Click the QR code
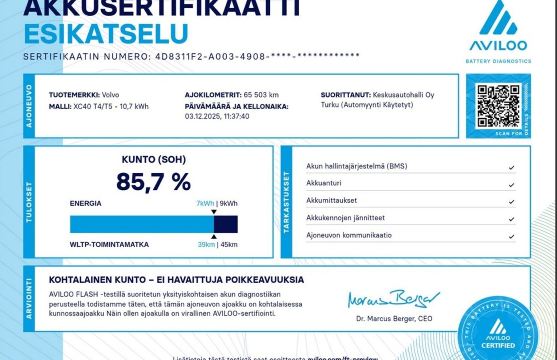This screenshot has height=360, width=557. point(498,106)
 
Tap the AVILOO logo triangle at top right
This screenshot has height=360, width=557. point(498,19)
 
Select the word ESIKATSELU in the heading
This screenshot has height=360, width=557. point(106,34)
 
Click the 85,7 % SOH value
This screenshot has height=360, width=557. point(153,182)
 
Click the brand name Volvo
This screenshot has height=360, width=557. point(111,95)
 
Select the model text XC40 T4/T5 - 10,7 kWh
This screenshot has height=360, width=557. point(111,106)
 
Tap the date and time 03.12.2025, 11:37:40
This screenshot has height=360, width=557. point(217,116)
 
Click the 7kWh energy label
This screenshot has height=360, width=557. point(205,204)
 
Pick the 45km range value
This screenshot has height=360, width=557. point(229,245)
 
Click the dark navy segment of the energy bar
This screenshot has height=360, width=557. point(226,224)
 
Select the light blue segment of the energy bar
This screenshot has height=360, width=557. point(141,224)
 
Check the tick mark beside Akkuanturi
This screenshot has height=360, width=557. point(511,185)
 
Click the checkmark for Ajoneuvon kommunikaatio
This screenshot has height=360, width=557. point(511,237)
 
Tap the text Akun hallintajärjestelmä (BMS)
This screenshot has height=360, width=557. point(356,166)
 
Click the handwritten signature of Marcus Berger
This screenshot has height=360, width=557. point(393,299)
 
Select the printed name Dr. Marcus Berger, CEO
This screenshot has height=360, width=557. point(394,318)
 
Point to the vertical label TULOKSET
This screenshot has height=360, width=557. point(29,202)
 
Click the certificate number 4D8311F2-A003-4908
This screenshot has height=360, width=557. point(210,56)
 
